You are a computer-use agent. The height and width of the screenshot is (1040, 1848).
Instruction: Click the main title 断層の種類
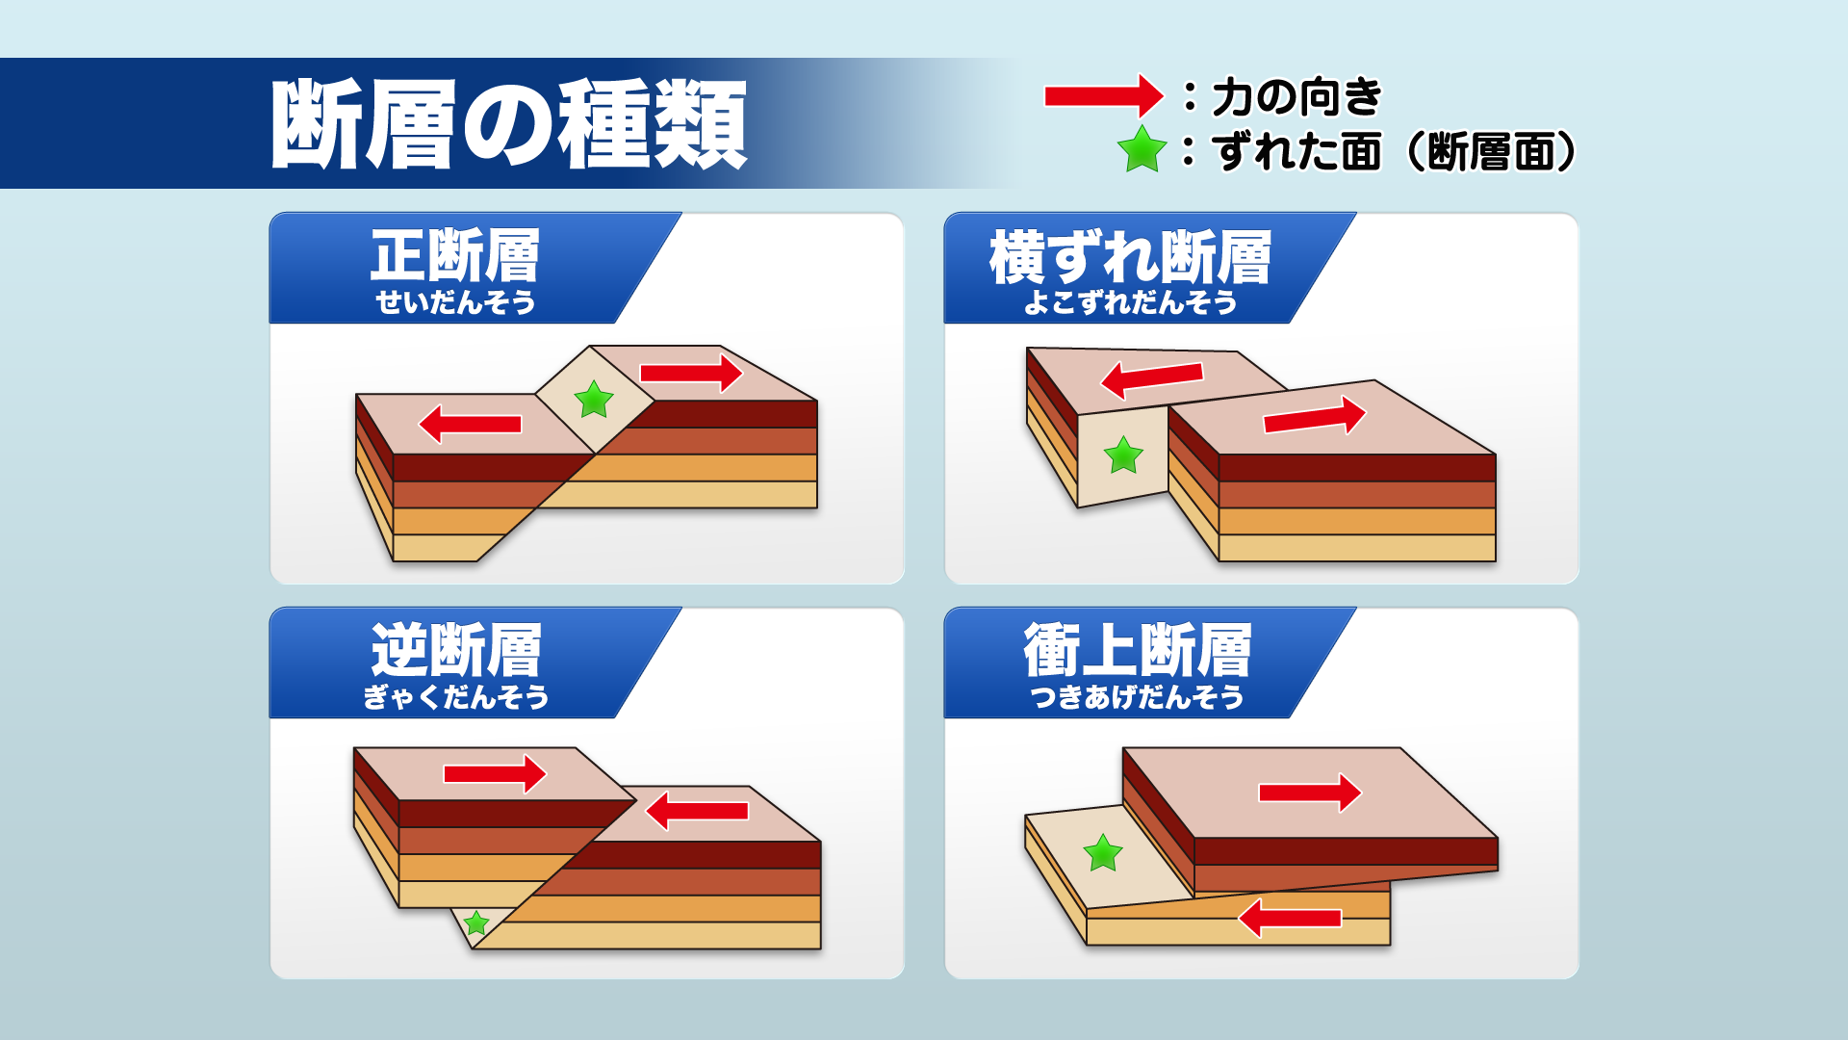508,124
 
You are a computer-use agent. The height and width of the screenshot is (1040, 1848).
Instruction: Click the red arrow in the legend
1103,96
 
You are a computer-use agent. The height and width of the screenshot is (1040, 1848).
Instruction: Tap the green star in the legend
1142,150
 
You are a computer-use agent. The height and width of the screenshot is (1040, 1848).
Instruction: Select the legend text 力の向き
1296,96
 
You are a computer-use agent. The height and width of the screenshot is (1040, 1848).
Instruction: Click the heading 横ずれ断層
1130,257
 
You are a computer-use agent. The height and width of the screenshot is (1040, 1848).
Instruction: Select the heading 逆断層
455,650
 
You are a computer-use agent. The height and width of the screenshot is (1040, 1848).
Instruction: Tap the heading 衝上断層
1137,650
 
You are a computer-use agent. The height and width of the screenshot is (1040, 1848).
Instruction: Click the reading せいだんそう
455,302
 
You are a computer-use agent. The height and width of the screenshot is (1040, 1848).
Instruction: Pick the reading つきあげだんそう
1137,696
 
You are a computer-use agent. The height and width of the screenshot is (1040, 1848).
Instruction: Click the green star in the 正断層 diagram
594,399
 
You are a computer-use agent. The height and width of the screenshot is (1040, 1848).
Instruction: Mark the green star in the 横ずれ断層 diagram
1123,455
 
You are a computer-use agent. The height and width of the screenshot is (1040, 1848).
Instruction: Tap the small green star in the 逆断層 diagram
476,923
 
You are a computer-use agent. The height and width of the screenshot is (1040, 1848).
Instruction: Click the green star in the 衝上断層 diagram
1103,852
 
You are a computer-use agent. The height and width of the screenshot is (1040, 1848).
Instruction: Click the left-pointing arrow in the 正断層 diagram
470,424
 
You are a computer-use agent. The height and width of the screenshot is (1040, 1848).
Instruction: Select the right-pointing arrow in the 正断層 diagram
691,373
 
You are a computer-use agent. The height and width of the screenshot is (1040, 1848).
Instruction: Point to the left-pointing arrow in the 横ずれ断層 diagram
1151,378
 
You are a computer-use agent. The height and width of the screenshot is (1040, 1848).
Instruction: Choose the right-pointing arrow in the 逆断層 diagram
495,773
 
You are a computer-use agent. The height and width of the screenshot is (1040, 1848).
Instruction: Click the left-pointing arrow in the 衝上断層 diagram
1290,918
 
